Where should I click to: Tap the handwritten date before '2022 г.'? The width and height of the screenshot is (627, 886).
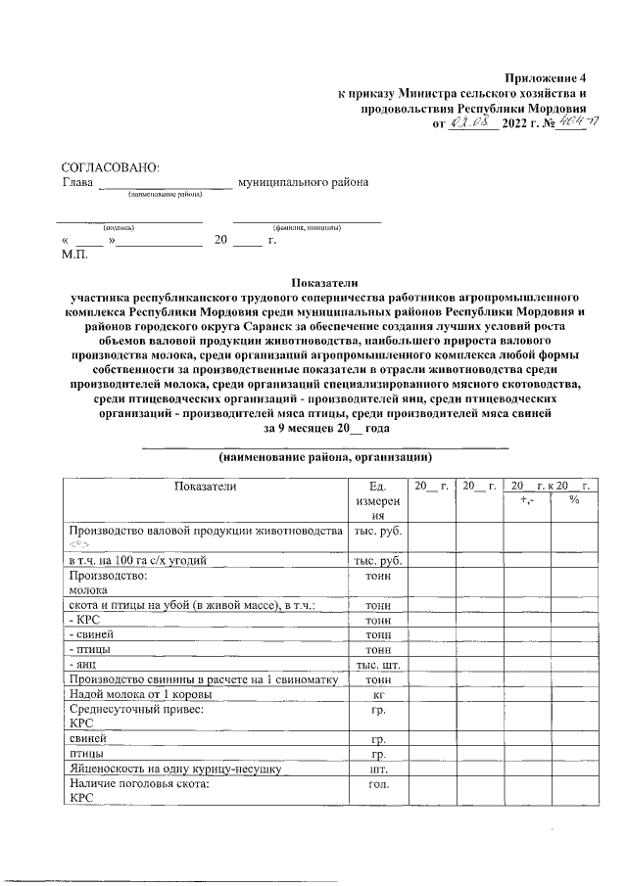pyautogui.click(x=472, y=122)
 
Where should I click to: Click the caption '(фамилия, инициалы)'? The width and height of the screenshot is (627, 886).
pyautogui.click(x=306, y=227)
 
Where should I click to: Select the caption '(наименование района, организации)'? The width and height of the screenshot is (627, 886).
pyautogui.click(x=325, y=457)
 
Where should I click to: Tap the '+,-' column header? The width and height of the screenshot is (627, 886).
pyautogui.click(x=524, y=500)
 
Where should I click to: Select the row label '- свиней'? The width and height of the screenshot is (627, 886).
pyautogui.click(x=86, y=634)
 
